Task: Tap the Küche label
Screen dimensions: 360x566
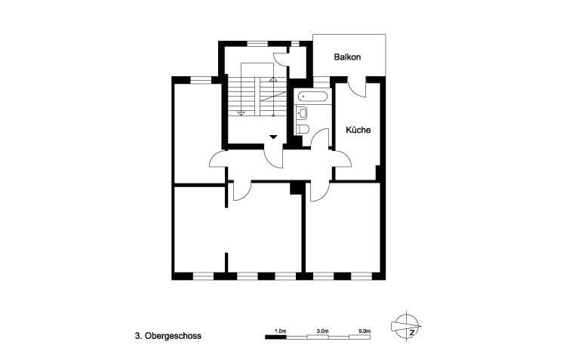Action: [358, 130]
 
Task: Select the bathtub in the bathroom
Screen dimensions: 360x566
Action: [312, 97]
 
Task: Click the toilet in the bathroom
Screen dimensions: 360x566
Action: [303, 129]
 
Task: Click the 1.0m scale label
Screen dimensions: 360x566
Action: [281, 331]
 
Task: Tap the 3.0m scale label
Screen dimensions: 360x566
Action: [322, 331]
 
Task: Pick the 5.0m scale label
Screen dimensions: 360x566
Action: [365, 331]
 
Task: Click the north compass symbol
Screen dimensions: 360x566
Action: [407, 326]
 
